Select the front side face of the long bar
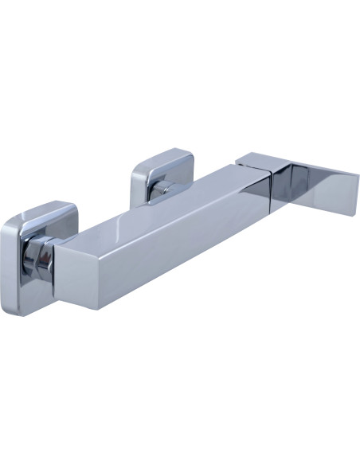tap(175, 239)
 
